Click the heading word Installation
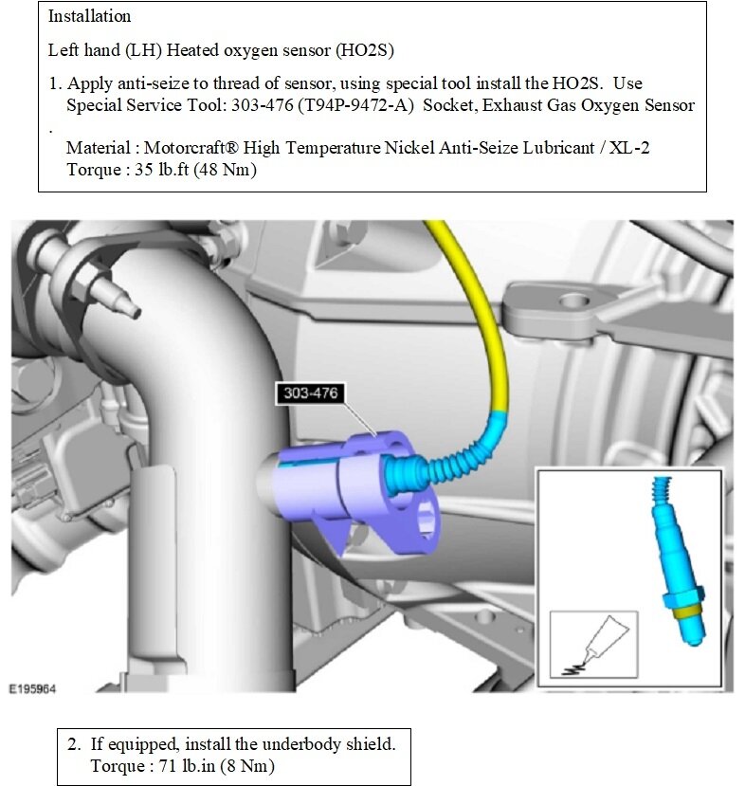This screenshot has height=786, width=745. click(89, 16)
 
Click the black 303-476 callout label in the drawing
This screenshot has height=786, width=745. click(310, 391)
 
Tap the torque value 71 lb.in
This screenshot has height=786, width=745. click(180, 764)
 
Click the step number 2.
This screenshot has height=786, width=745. click(72, 743)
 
